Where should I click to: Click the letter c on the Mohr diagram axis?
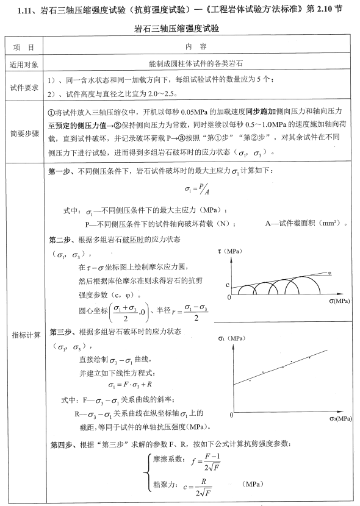227,285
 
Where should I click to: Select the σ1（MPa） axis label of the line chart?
232,337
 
